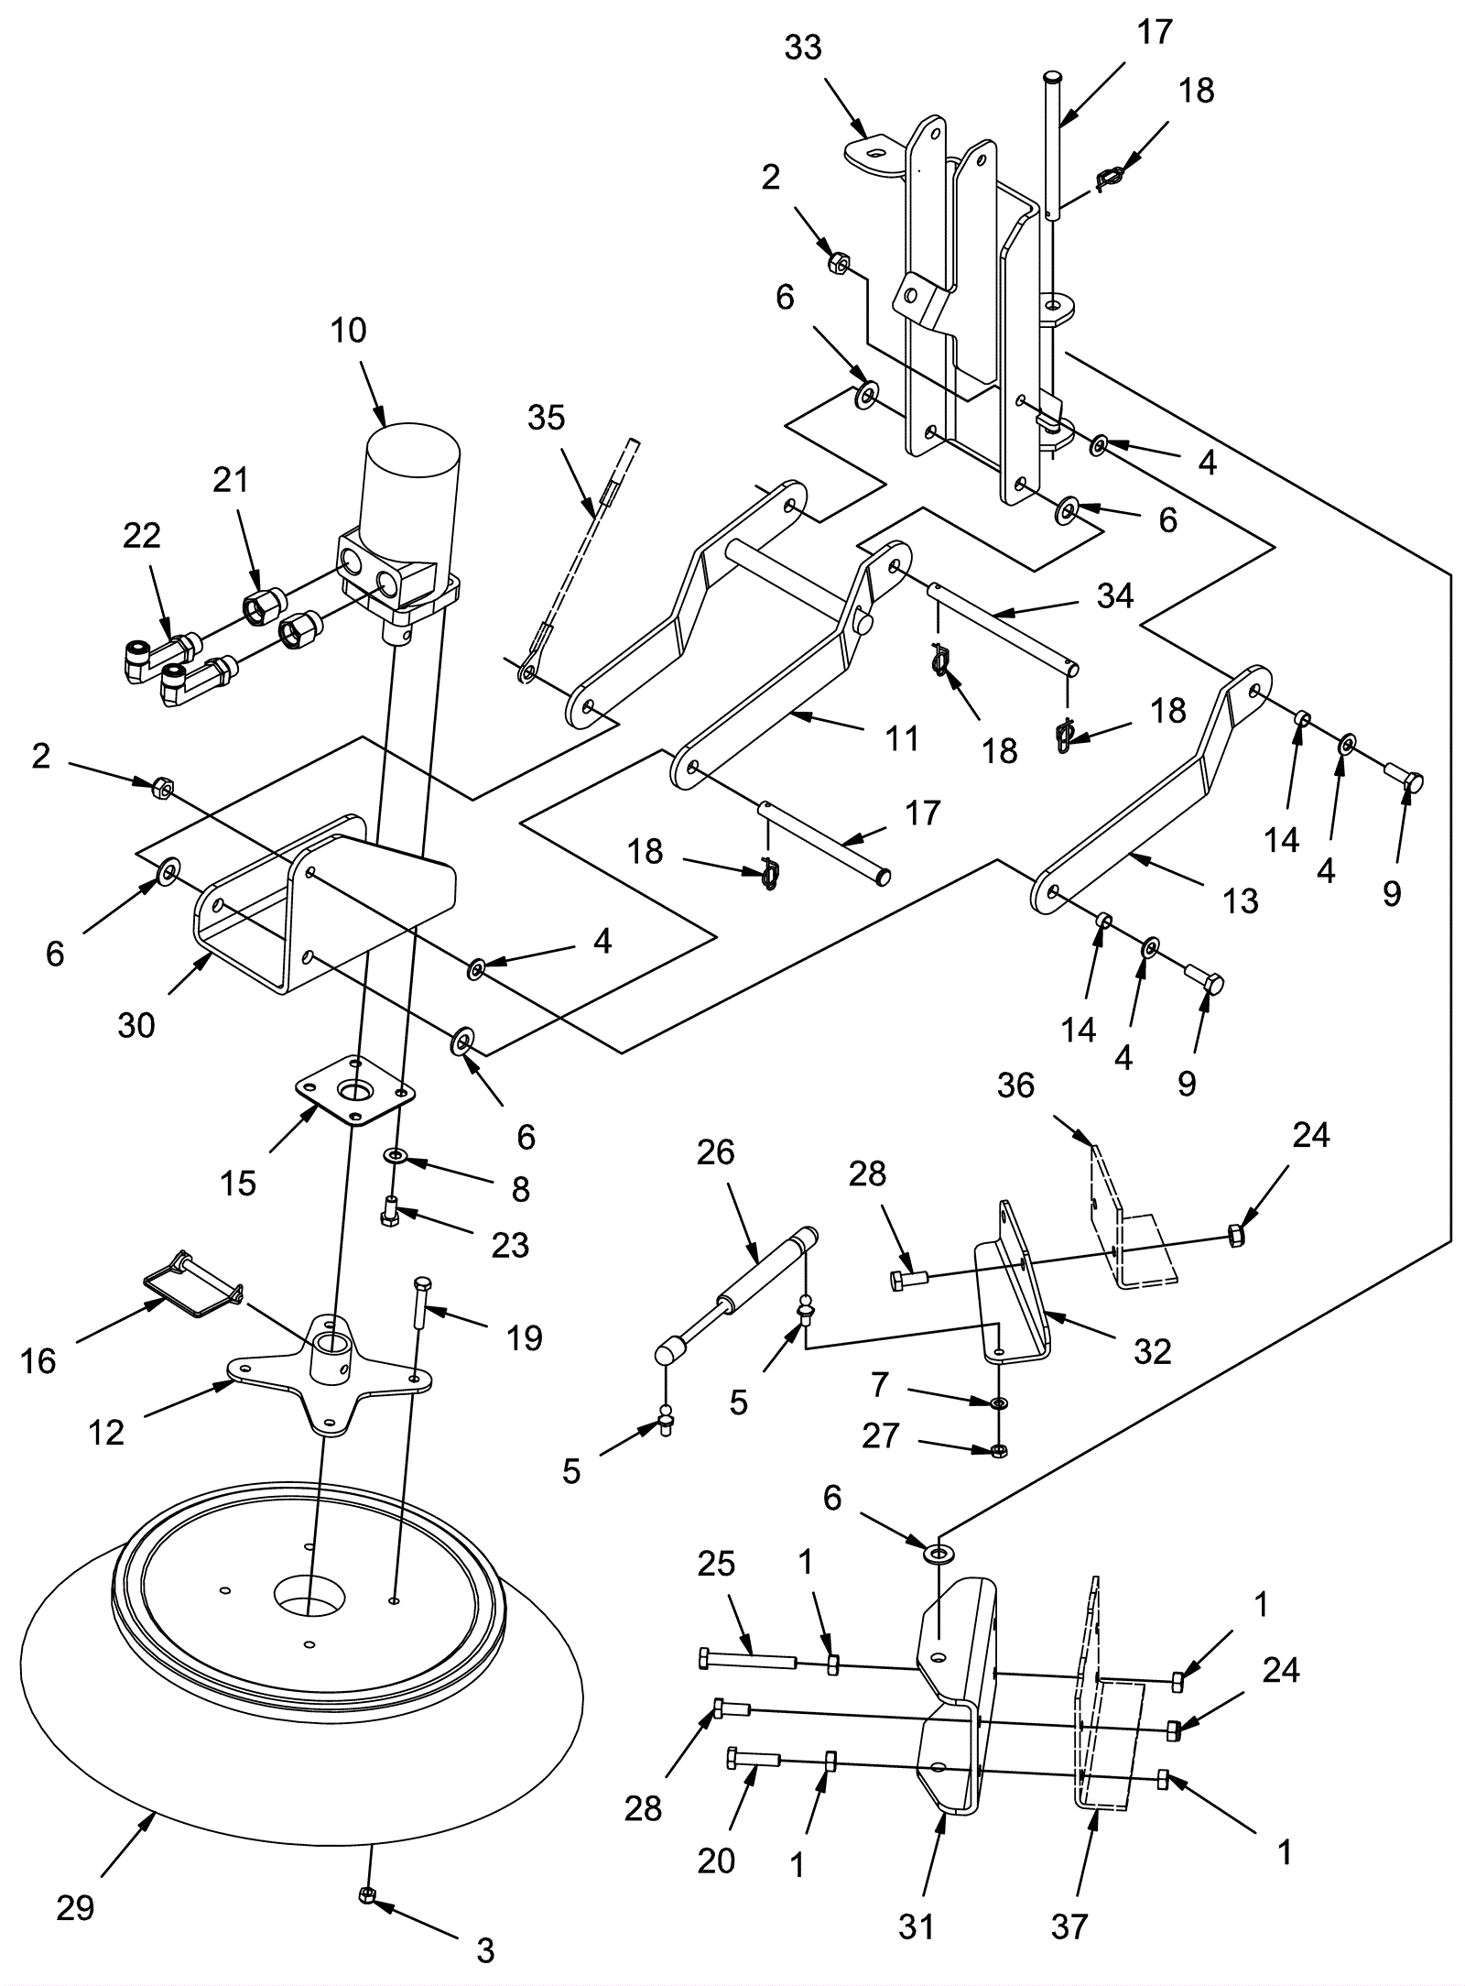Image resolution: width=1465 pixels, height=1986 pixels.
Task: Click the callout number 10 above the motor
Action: click(x=348, y=331)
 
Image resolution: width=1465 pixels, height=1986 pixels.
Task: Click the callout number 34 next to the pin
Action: click(x=1114, y=595)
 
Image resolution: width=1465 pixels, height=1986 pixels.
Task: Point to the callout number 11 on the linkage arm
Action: click(x=902, y=738)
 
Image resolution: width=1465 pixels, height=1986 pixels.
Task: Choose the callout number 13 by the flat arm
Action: click(x=1241, y=900)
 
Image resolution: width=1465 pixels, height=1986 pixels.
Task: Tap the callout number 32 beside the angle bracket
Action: click(x=1152, y=1351)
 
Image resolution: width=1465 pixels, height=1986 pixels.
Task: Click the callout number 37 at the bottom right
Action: click(x=1069, y=1926)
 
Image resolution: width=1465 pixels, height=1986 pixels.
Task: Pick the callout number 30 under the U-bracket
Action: click(x=136, y=1025)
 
